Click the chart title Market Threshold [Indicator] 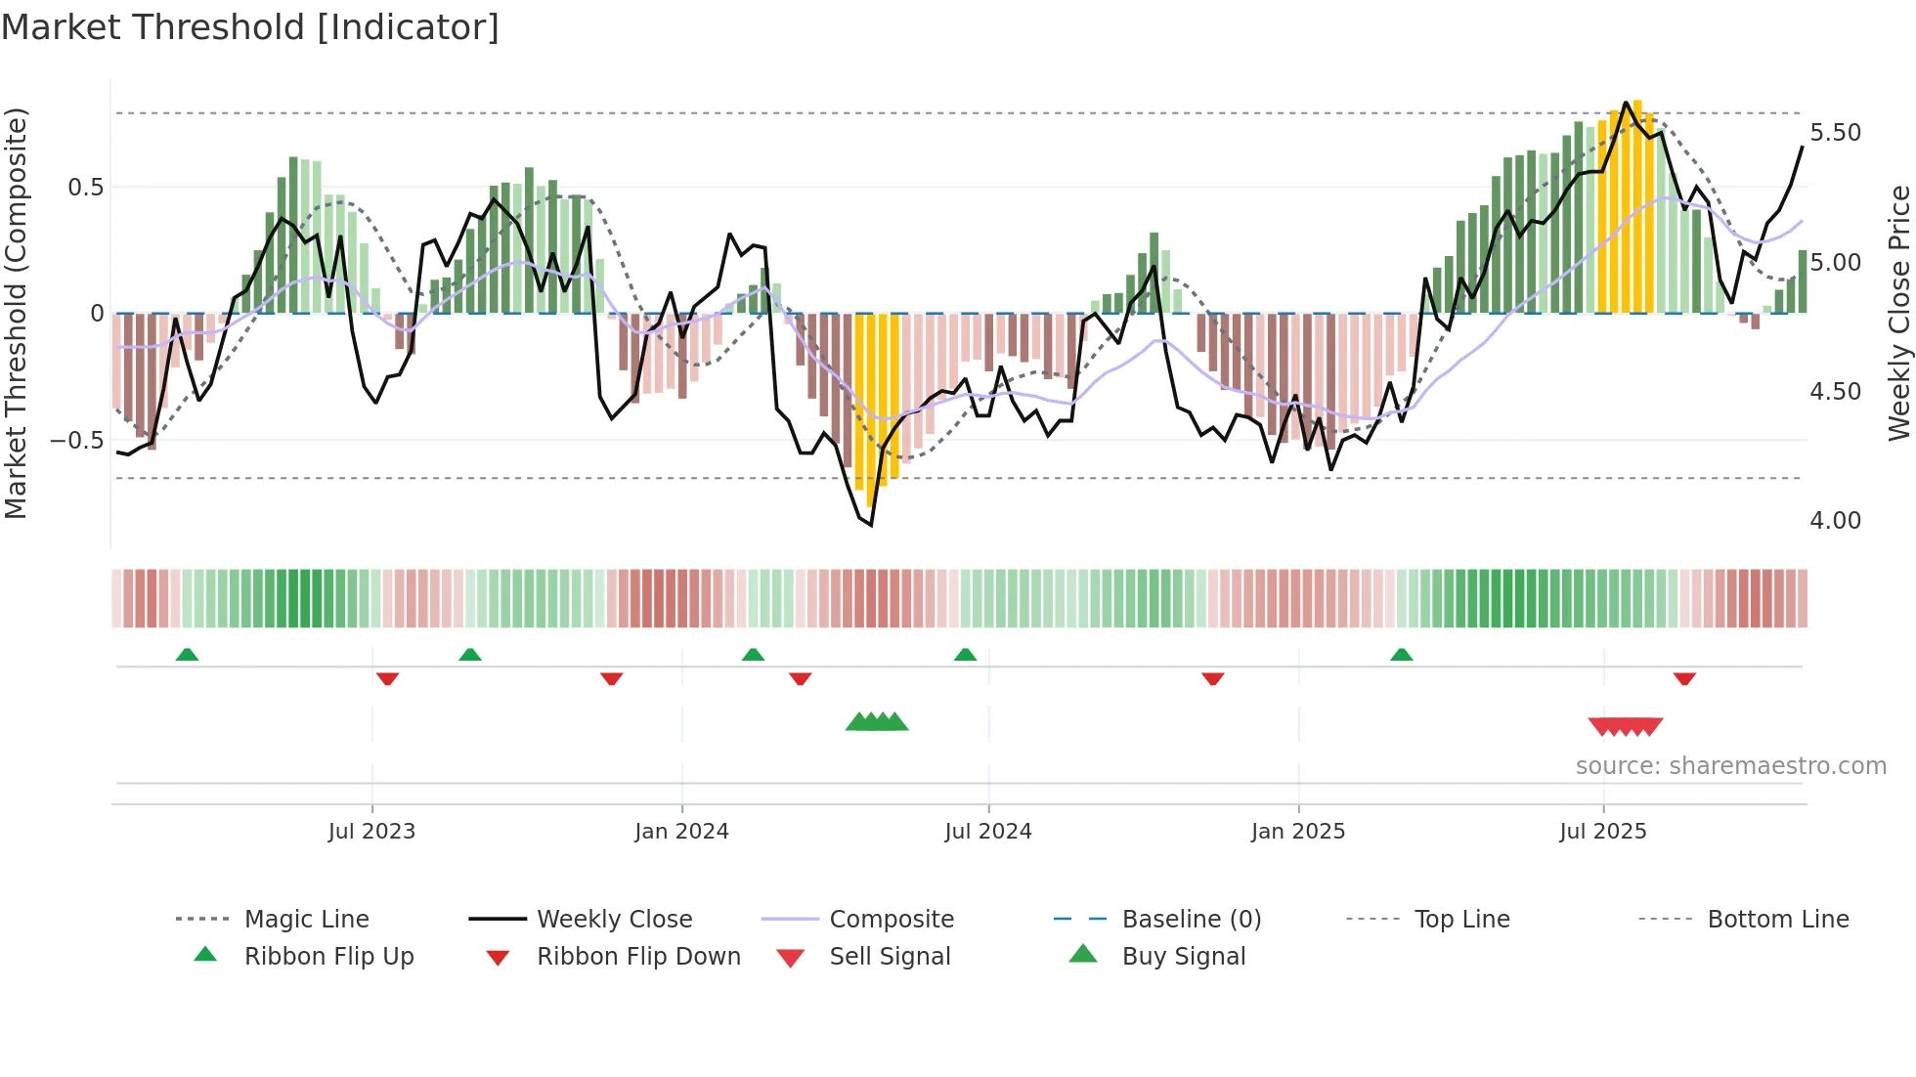pyautogui.click(x=250, y=27)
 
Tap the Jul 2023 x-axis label pyautogui.click(x=371, y=832)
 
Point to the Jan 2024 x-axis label pyautogui.click(x=681, y=832)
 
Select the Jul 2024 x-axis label pyautogui.click(x=987, y=832)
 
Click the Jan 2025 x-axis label pyautogui.click(x=1297, y=832)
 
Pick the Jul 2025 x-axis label pyautogui.click(x=1602, y=832)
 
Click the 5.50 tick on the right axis pyautogui.click(x=1835, y=133)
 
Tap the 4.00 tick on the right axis pyautogui.click(x=1835, y=521)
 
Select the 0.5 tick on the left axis pyautogui.click(x=85, y=188)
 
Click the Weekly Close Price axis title pyautogui.click(x=1898, y=313)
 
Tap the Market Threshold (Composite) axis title pyautogui.click(x=16, y=313)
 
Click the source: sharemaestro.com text pyautogui.click(x=1730, y=766)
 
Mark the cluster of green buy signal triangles pyautogui.click(x=877, y=722)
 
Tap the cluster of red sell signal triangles pyautogui.click(x=1625, y=726)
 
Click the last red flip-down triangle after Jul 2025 pyautogui.click(x=1683, y=678)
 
